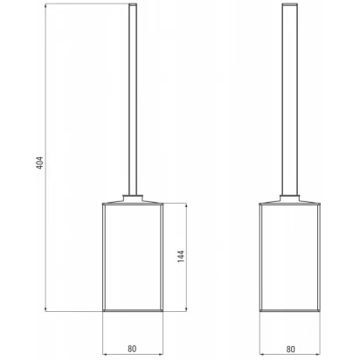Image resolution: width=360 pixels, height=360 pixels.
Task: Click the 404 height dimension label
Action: tap(40, 163)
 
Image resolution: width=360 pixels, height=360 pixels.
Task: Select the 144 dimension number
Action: tap(181, 256)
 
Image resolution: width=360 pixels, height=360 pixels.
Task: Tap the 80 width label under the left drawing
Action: tap(132, 349)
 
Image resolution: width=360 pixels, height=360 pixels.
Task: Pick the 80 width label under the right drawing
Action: tap(290, 349)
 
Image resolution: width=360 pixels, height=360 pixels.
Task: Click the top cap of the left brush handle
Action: tap(133, 4)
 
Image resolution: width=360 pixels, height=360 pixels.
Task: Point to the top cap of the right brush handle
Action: tap(290, 4)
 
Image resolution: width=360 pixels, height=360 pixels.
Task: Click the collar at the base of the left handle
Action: tap(133, 197)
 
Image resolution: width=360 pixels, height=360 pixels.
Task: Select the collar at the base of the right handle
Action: tap(290, 197)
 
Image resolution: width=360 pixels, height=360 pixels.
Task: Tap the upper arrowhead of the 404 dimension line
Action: tap(45, 7)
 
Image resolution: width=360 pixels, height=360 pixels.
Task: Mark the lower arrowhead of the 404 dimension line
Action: tap(45, 308)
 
